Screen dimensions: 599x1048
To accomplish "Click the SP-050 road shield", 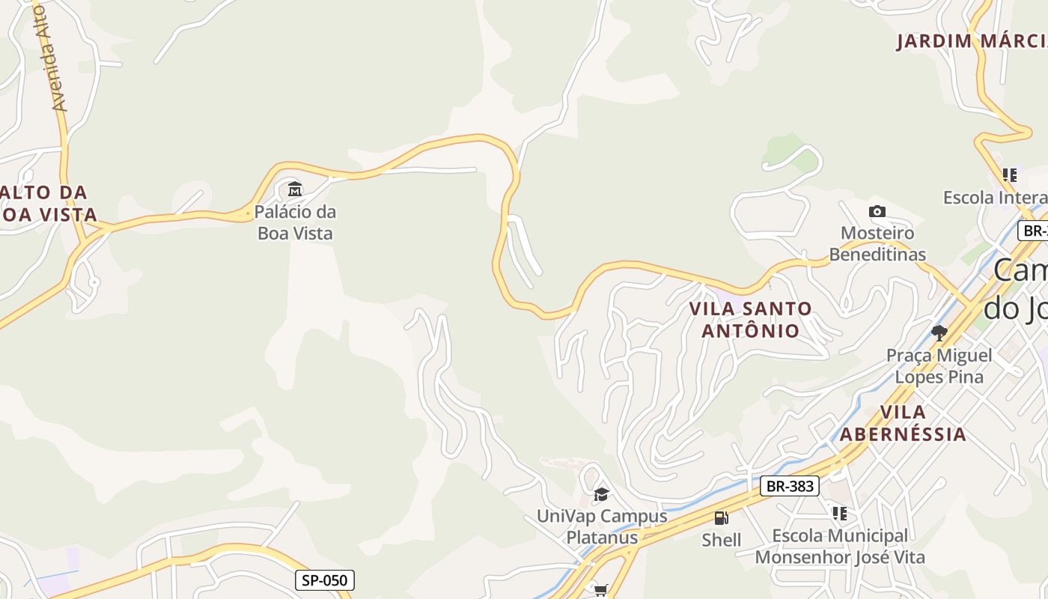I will point(324,580).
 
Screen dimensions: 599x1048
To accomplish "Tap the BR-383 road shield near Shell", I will point(790,486).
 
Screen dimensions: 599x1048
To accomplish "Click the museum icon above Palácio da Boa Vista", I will point(295,189).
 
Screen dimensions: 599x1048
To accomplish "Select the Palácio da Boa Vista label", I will point(295,222).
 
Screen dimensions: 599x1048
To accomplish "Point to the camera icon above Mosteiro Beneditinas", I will point(877,212).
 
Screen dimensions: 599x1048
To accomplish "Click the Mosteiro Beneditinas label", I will point(877,243).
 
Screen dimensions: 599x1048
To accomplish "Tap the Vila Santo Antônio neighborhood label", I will point(750,319).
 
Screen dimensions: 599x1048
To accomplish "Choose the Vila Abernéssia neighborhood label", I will point(903,423).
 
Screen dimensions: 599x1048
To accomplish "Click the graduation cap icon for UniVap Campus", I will point(600,494).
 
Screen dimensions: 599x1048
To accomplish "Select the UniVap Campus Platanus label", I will point(602,527).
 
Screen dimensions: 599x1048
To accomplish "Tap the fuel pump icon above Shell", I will point(721,518).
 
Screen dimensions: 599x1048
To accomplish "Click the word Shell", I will point(722,540).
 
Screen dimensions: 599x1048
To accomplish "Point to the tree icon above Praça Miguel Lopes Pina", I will point(939,332).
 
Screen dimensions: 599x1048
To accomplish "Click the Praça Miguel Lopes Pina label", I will point(939,365).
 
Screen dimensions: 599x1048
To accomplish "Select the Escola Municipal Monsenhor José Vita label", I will point(840,547).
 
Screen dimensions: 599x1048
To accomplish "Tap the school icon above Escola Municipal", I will point(840,514).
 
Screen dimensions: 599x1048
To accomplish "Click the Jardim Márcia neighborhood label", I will point(972,41).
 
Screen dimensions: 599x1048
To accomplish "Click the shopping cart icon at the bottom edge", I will point(600,591).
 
